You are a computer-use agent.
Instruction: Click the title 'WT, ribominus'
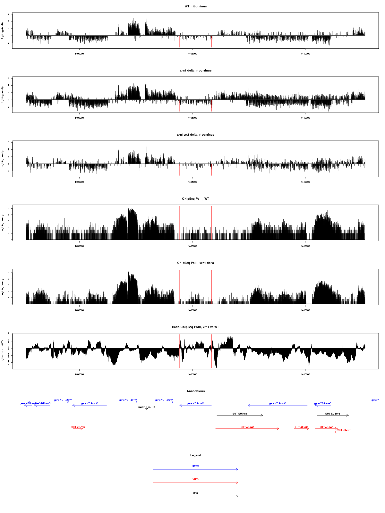pos(196,6)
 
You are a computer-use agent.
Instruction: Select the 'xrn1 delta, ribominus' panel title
pos(196,71)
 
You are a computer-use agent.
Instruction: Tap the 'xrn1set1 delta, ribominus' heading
pos(196,135)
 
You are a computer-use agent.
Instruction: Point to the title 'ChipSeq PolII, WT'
pos(196,199)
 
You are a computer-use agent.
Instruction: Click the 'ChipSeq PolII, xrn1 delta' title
pos(196,263)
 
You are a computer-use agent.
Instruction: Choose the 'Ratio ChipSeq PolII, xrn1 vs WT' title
pos(196,327)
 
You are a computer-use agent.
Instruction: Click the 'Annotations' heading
pos(196,391)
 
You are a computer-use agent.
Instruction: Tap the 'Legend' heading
pos(196,455)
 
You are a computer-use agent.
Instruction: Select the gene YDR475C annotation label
pos(278,404)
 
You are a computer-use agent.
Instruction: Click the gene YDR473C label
pos(195,404)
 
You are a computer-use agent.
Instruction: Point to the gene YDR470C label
pos(90,404)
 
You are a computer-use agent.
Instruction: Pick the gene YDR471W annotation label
pos(128,400)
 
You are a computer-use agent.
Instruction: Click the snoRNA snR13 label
pos(146,407)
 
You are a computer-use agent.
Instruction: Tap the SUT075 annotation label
pos(240,414)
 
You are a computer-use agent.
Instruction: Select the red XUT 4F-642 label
pos(247,427)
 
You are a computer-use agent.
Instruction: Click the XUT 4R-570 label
pos(344,431)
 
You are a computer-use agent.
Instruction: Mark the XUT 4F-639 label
pos(78,427)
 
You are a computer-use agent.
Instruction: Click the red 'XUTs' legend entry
pos(196,480)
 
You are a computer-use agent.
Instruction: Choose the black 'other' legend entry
pos(196,493)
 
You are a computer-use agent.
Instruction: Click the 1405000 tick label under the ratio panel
pos(193,374)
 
